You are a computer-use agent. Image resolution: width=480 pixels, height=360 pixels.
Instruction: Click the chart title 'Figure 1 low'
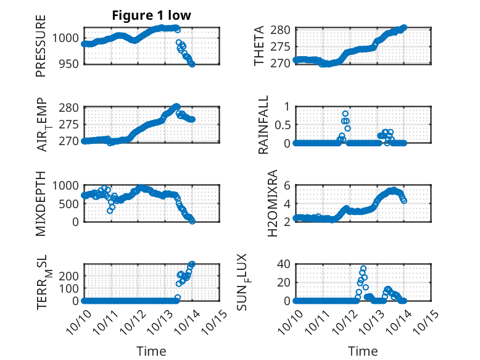click(152, 15)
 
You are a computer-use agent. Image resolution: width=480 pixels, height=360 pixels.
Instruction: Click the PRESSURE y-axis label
click(41, 50)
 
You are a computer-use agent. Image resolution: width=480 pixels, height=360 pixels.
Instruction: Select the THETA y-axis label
click(259, 46)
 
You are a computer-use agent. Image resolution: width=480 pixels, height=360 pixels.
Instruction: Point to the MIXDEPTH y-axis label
click(41, 203)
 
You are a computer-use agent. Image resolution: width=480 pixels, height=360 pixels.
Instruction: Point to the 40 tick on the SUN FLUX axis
click(283, 264)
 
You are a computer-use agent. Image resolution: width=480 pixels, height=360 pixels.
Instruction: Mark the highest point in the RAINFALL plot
click(345, 114)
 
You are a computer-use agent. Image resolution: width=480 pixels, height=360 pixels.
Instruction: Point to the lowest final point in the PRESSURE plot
click(192, 64)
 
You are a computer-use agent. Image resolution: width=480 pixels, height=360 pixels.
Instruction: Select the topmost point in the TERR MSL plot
click(192, 264)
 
